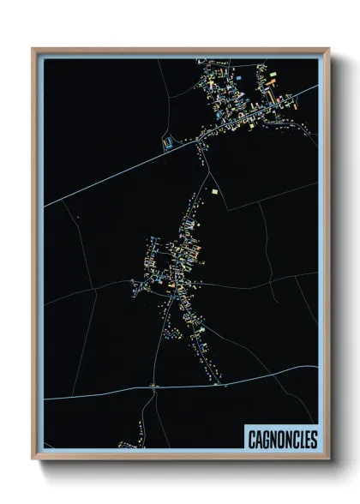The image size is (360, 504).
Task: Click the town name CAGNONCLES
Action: coord(282,439)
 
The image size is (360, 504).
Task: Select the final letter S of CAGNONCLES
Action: coord(313,439)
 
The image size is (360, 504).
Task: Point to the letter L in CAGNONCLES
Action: coord(299,439)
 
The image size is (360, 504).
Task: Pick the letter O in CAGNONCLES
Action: coord(278,439)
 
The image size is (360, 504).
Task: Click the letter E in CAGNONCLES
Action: coord(306,439)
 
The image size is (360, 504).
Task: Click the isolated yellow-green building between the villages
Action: coord(214,191)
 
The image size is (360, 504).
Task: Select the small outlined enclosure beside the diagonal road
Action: coord(168,141)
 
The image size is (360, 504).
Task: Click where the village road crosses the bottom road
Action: coord(153,387)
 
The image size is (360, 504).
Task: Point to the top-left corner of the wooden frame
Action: coord(33,49)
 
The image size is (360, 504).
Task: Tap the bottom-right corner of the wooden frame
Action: coord(328,459)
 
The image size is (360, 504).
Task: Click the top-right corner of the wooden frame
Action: coord(328,49)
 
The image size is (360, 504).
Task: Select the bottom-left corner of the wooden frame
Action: coord(33,459)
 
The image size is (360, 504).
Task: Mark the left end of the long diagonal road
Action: coord(45,207)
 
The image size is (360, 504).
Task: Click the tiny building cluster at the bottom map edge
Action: coord(129,445)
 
